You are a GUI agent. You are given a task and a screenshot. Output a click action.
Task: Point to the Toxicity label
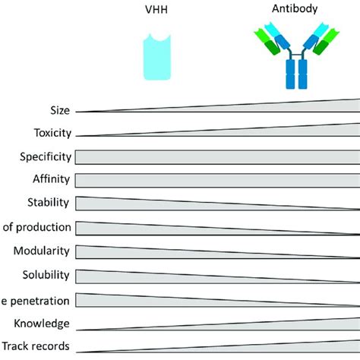[51, 133]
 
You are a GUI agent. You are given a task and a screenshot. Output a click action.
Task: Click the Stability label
[49, 203]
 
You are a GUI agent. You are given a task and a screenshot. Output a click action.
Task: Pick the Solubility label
[46, 274]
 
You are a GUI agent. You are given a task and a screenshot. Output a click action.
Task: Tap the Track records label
[36, 346]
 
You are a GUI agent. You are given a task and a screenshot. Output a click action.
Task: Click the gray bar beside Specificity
[216, 157]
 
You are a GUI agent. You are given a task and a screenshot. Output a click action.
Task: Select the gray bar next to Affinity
[216, 181]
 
